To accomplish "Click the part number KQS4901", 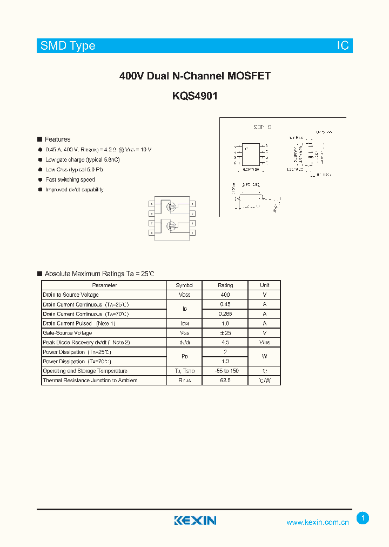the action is (194, 96).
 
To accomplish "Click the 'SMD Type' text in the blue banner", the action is (68, 46).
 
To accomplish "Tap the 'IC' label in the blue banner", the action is (343, 46).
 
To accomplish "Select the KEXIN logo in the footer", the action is (195, 521).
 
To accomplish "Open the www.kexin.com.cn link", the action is (318, 522).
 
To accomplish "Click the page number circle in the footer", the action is (363, 518).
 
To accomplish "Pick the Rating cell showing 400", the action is (225, 295).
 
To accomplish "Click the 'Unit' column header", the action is (265, 285).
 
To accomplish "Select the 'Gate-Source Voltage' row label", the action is (68, 333).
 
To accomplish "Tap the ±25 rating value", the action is (225, 333).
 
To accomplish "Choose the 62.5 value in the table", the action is (225, 381).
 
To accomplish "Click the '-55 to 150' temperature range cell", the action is (225, 371).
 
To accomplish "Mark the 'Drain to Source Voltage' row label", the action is (71, 295).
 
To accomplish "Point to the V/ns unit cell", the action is (265, 342).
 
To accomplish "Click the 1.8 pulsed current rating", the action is (225, 323).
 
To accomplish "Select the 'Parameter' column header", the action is (104, 285).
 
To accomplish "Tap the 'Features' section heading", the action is (57, 139).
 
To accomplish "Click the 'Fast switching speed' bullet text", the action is (70, 179).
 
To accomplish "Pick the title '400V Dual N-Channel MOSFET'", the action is (194, 76).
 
